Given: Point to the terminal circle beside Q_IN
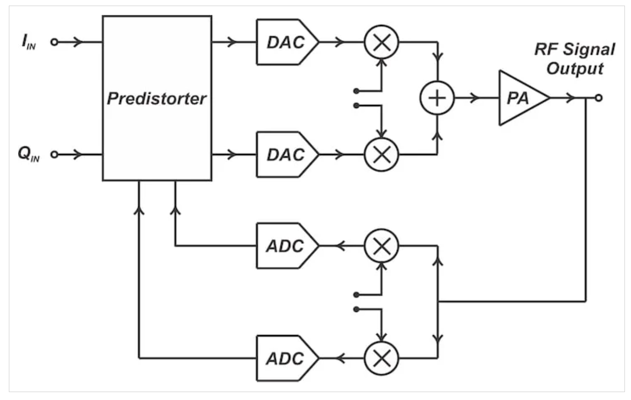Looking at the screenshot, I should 54,154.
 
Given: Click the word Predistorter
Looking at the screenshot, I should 157,99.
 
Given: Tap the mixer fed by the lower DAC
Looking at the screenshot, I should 382,154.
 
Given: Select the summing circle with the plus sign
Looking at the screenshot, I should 437,98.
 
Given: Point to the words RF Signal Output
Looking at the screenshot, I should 575,59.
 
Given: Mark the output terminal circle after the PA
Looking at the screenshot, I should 599,98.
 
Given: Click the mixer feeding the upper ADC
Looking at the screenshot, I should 382,246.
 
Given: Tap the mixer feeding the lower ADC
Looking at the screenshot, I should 382,358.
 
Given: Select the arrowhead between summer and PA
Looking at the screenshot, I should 476,98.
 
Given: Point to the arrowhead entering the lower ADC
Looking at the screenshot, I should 340,358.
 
